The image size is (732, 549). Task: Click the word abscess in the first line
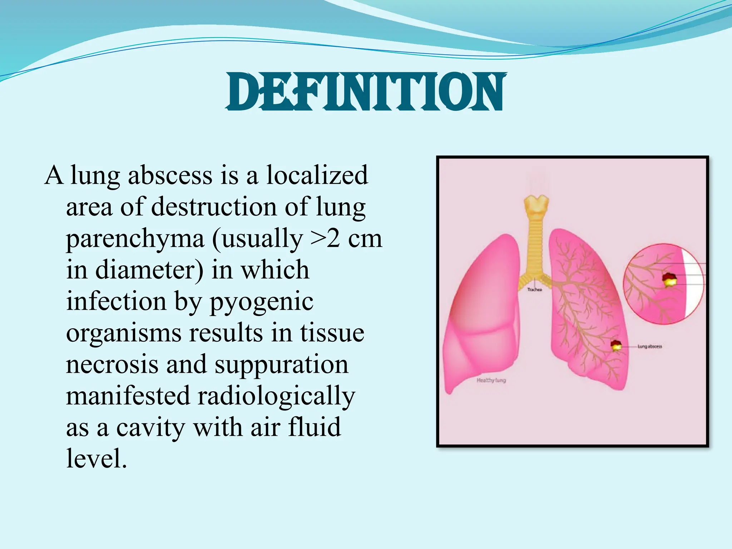pos(170,175)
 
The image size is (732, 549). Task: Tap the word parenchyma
pos(135,239)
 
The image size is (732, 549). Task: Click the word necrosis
pos(112,365)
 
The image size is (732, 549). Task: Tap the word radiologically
pos(276,396)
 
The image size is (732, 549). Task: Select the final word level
pos(97,458)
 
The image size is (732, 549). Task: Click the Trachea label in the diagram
pos(535,290)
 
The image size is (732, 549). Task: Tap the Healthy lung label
pos(491,380)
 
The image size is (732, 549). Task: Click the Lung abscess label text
pos(649,346)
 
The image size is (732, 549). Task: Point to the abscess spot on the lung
pos(615,346)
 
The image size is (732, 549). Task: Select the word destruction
pos(214,207)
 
